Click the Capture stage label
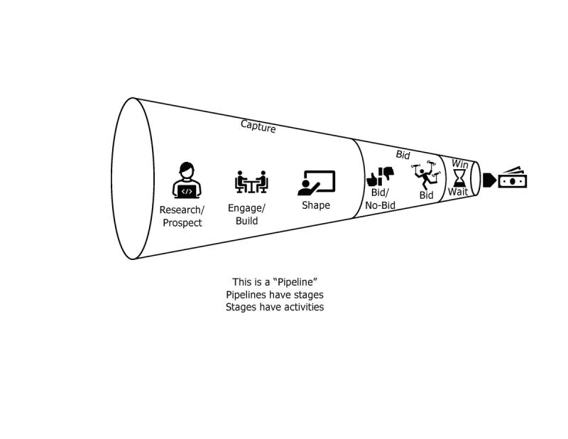(258, 126)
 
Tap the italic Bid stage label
(403, 153)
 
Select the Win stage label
(459, 163)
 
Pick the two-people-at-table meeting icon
(251, 182)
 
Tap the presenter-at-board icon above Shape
(316, 183)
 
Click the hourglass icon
(460, 176)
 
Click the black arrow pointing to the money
(489, 180)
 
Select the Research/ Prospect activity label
(182, 217)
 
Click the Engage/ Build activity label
(246, 215)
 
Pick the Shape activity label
(316, 205)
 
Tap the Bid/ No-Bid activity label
(380, 199)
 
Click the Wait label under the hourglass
(457, 193)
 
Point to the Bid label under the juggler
(426, 195)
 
